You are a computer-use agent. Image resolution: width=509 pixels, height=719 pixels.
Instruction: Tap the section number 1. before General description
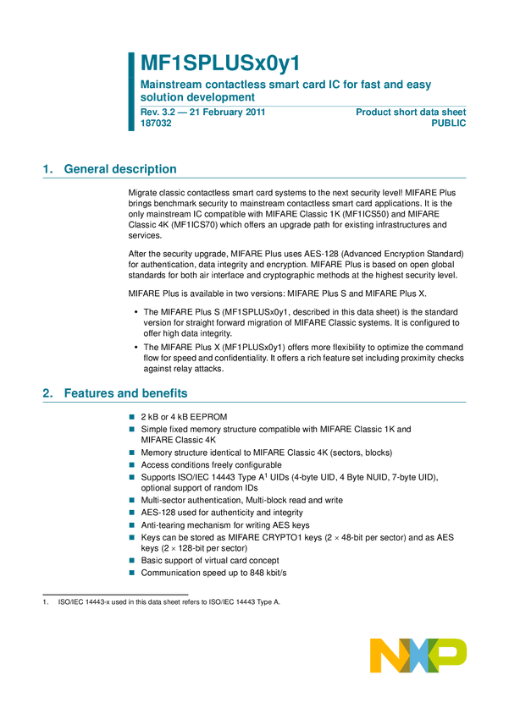tap(47, 170)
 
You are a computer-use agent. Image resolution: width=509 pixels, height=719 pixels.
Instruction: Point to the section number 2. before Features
tap(47, 393)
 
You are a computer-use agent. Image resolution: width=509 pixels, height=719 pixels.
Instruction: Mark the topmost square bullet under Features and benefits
tap(131, 416)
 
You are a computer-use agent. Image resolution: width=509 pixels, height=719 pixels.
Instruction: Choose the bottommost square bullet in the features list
tap(131, 573)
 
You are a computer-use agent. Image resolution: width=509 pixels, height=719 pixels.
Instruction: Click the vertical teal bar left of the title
tap(130, 90)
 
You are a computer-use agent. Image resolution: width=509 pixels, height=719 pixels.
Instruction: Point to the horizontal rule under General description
tap(254, 178)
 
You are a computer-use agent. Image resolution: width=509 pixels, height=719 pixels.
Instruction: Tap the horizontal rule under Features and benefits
tap(254, 402)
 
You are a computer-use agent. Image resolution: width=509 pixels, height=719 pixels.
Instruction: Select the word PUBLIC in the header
tap(449, 123)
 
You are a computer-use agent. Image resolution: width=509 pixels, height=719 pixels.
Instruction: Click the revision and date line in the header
tap(203, 112)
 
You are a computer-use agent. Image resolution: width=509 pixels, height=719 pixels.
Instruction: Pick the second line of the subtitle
tap(197, 98)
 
